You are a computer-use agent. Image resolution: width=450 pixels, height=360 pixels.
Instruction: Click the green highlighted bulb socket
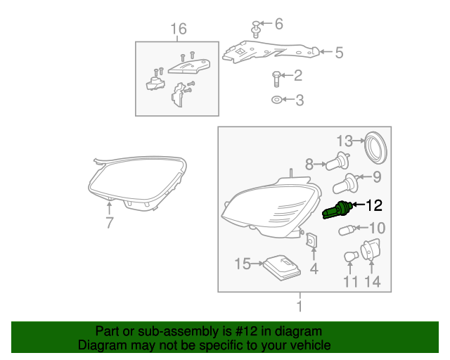pyautogui.click(x=337, y=210)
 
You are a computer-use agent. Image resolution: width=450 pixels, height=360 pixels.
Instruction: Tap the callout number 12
pyautogui.click(x=373, y=205)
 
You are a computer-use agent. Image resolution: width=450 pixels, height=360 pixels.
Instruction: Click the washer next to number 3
pyautogui.click(x=276, y=100)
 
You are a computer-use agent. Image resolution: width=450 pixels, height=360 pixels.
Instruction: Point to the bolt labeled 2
pyautogui.click(x=276, y=79)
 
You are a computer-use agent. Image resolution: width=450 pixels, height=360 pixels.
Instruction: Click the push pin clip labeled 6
pyautogui.click(x=256, y=29)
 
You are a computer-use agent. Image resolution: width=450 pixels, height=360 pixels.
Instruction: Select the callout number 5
pyautogui.click(x=339, y=53)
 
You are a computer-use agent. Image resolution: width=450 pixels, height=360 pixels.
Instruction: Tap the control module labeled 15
pyautogui.click(x=283, y=268)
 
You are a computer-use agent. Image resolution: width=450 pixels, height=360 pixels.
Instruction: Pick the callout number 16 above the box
pyautogui.click(x=179, y=29)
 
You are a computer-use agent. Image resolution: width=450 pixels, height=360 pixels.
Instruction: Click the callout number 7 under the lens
pyautogui.click(x=110, y=222)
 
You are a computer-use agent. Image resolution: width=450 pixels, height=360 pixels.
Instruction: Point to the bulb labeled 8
pyautogui.click(x=338, y=161)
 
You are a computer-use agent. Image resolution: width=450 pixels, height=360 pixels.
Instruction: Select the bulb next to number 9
pyautogui.click(x=345, y=184)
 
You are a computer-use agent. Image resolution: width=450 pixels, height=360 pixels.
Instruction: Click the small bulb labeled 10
pyautogui.click(x=347, y=230)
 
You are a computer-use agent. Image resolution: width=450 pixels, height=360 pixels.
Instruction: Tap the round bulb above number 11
pyautogui.click(x=351, y=257)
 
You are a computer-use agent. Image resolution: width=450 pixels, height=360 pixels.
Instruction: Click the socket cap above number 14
pyautogui.click(x=371, y=250)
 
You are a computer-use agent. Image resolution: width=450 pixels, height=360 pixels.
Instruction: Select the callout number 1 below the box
pyautogui.click(x=300, y=307)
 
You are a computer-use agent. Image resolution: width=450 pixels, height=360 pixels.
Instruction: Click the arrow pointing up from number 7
pyautogui.click(x=109, y=208)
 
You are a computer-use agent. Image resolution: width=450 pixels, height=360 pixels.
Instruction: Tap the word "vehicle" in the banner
pyautogui.click(x=312, y=345)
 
